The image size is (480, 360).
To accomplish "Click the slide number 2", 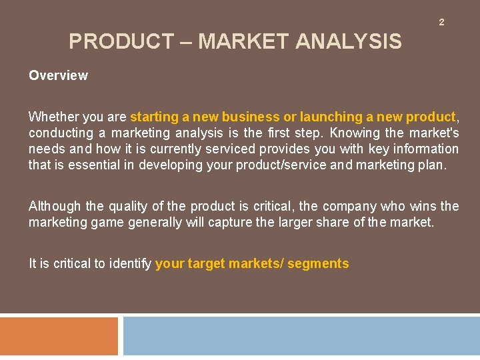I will point(441,23).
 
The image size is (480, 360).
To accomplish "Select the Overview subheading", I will point(58,75).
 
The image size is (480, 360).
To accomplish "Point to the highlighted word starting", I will point(153,117).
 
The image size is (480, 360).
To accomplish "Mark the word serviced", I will point(231,149).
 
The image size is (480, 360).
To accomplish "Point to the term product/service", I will point(286,165).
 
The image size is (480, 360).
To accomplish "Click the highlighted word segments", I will point(318,263).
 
